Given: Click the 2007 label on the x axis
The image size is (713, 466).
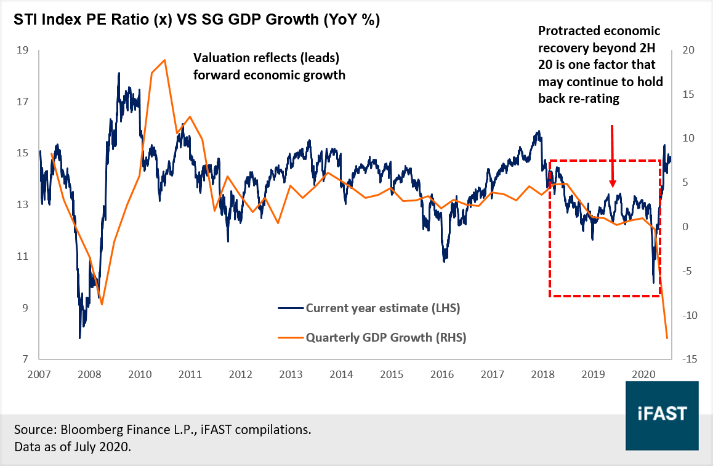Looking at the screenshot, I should tap(39, 374).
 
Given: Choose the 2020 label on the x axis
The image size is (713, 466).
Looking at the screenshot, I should tap(643, 374).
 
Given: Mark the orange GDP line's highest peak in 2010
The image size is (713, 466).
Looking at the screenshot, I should tap(165, 60).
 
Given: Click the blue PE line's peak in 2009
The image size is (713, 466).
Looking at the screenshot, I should tap(119, 73).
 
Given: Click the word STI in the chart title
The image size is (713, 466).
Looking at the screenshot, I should tap(25, 20).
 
